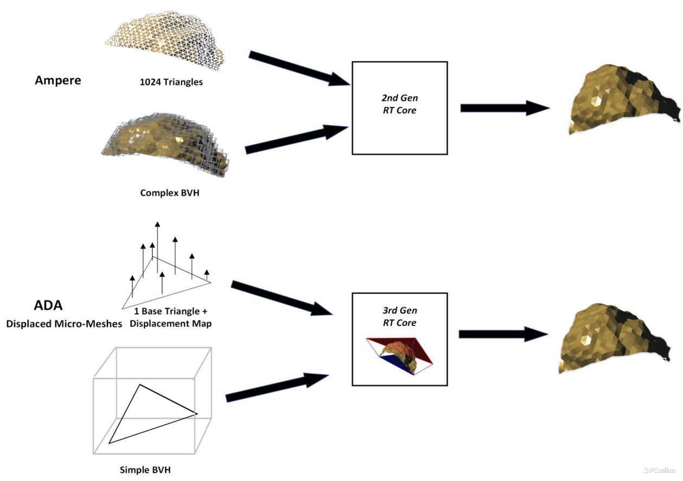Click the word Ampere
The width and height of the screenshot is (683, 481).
(58, 80)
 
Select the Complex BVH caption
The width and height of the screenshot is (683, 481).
(169, 193)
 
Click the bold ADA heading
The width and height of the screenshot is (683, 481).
(44, 305)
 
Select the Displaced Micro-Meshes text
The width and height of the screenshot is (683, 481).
(55, 324)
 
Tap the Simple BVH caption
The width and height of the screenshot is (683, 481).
(145, 469)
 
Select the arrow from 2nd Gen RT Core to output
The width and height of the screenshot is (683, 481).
(505, 108)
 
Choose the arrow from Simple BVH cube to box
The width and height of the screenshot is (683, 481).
(277, 388)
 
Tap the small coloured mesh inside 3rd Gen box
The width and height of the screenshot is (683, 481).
(400, 356)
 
